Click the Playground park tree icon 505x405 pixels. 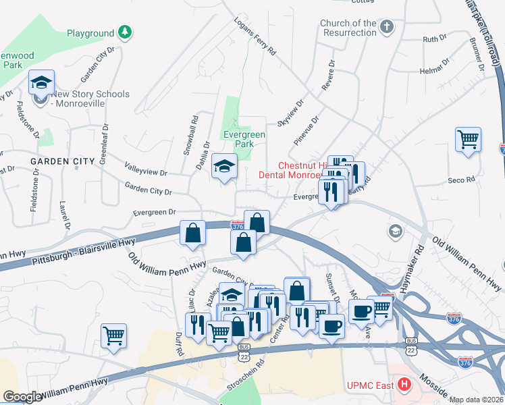point(124,32)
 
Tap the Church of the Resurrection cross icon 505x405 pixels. point(386,27)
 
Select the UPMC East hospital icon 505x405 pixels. point(404,385)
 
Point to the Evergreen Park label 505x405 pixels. point(244,140)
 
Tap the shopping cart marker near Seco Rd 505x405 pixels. point(468,140)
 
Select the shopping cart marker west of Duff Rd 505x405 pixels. point(114,335)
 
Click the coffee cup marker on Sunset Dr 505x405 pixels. point(330,327)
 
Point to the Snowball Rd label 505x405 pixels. point(190,139)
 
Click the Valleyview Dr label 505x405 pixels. point(146,169)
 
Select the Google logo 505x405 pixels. point(22,397)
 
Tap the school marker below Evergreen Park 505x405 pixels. point(224,166)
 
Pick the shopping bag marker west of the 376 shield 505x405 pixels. point(193,233)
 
